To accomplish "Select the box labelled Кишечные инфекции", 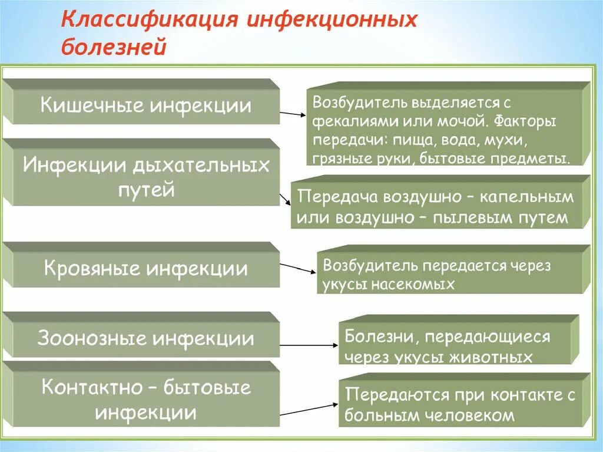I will click(x=145, y=106).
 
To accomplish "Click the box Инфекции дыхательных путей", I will click(x=145, y=177).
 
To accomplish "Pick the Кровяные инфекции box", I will click(x=145, y=269).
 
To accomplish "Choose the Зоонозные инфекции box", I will click(x=145, y=339).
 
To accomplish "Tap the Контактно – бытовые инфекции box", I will click(x=145, y=400).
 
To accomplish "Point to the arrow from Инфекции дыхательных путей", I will click(x=286, y=197).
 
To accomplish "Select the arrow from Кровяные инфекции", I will click(x=297, y=268).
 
